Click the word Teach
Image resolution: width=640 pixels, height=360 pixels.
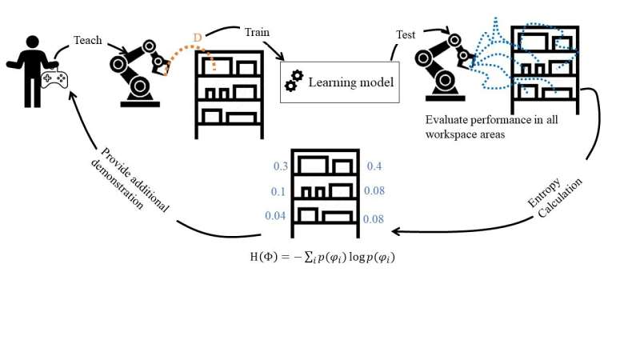pos(88,39)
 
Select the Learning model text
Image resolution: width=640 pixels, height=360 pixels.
pos(351,81)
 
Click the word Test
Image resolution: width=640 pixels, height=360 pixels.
pos(406,34)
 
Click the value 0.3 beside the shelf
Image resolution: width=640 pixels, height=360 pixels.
pos(281,166)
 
